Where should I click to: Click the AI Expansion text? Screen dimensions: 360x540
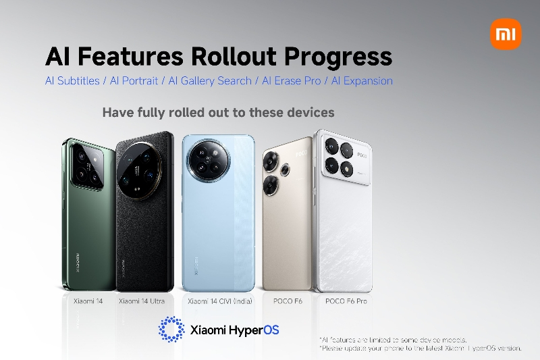(360, 81)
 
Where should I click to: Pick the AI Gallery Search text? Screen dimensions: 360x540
(211, 81)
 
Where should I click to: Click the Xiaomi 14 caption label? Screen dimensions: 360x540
(88, 301)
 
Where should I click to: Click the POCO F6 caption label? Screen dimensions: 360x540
(287, 301)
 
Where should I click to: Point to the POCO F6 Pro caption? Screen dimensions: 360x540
(346, 301)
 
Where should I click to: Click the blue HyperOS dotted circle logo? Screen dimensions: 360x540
(171, 329)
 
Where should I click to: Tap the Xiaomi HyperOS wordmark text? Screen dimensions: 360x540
(235, 330)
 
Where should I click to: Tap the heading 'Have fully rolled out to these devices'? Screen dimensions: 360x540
(218, 112)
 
